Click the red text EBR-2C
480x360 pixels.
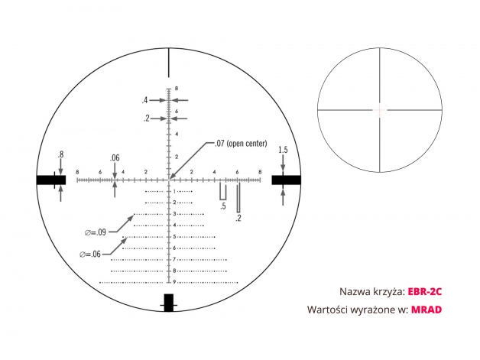(425, 291)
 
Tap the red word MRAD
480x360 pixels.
(426, 310)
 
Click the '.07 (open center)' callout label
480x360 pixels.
(241, 143)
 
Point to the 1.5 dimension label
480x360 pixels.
(283, 150)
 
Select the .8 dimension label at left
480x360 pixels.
(61, 154)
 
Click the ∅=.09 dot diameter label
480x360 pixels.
(96, 232)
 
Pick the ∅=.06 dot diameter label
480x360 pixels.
(90, 254)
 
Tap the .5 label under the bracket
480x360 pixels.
(223, 206)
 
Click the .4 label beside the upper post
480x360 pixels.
(144, 100)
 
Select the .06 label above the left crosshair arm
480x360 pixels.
(115, 158)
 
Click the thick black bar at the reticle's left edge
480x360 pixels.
(51, 180)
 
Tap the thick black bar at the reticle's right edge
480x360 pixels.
(286, 180)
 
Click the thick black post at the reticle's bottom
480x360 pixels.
(169, 303)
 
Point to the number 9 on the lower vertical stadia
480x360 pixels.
(174, 282)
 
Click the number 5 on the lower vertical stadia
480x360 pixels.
(174, 237)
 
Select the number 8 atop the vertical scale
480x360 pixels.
(177, 89)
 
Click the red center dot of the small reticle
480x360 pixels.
(380, 109)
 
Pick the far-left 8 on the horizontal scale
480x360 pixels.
(77, 172)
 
